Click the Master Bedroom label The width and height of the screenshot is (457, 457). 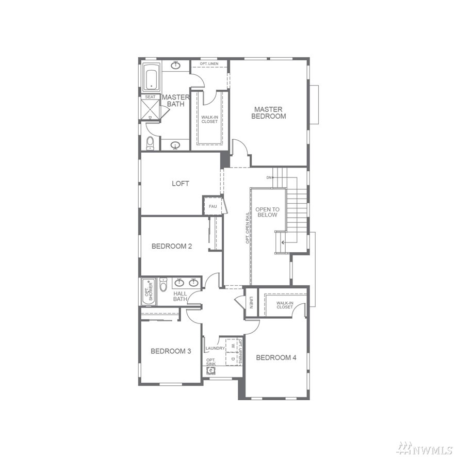pyautogui.click(x=268, y=113)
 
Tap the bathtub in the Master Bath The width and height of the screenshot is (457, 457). pyautogui.click(x=151, y=77)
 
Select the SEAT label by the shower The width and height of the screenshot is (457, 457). pyautogui.click(x=150, y=97)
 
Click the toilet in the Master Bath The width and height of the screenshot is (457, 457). pyautogui.click(x=150, y=143)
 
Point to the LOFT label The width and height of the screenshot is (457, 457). pyautogui.click(x=181, y=183)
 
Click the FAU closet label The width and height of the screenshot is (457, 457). pyautogui.click(x=213, y=206)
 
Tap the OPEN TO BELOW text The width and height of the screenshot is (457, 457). pyautogui.click(x=267, y=212)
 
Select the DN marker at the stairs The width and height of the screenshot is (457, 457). pyautogui.click(x=269, y=177)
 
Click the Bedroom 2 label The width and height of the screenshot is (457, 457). pyautogui.click(x=172, y=246)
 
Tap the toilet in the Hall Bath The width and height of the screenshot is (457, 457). pyautogui.click(x=163, y=285)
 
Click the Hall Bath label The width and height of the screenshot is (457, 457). pyautogui.click(x=180, y=297)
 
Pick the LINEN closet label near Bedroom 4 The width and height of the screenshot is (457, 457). pyautogui.click(x=251, y=302)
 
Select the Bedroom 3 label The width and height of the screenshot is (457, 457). pyautogui.click(x=171, y=351)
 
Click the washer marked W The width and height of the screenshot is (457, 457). pyautogui.click(x=233, y=346)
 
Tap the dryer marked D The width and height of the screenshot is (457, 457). pyautogui.click(x=233, y=358)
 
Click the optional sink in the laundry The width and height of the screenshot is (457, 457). pyautogui.click(x=210, y=371)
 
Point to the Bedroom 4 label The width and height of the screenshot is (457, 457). pyautogui.click(x=276, y=357)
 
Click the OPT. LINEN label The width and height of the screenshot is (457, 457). pyautogui.click(x=209, y=63)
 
